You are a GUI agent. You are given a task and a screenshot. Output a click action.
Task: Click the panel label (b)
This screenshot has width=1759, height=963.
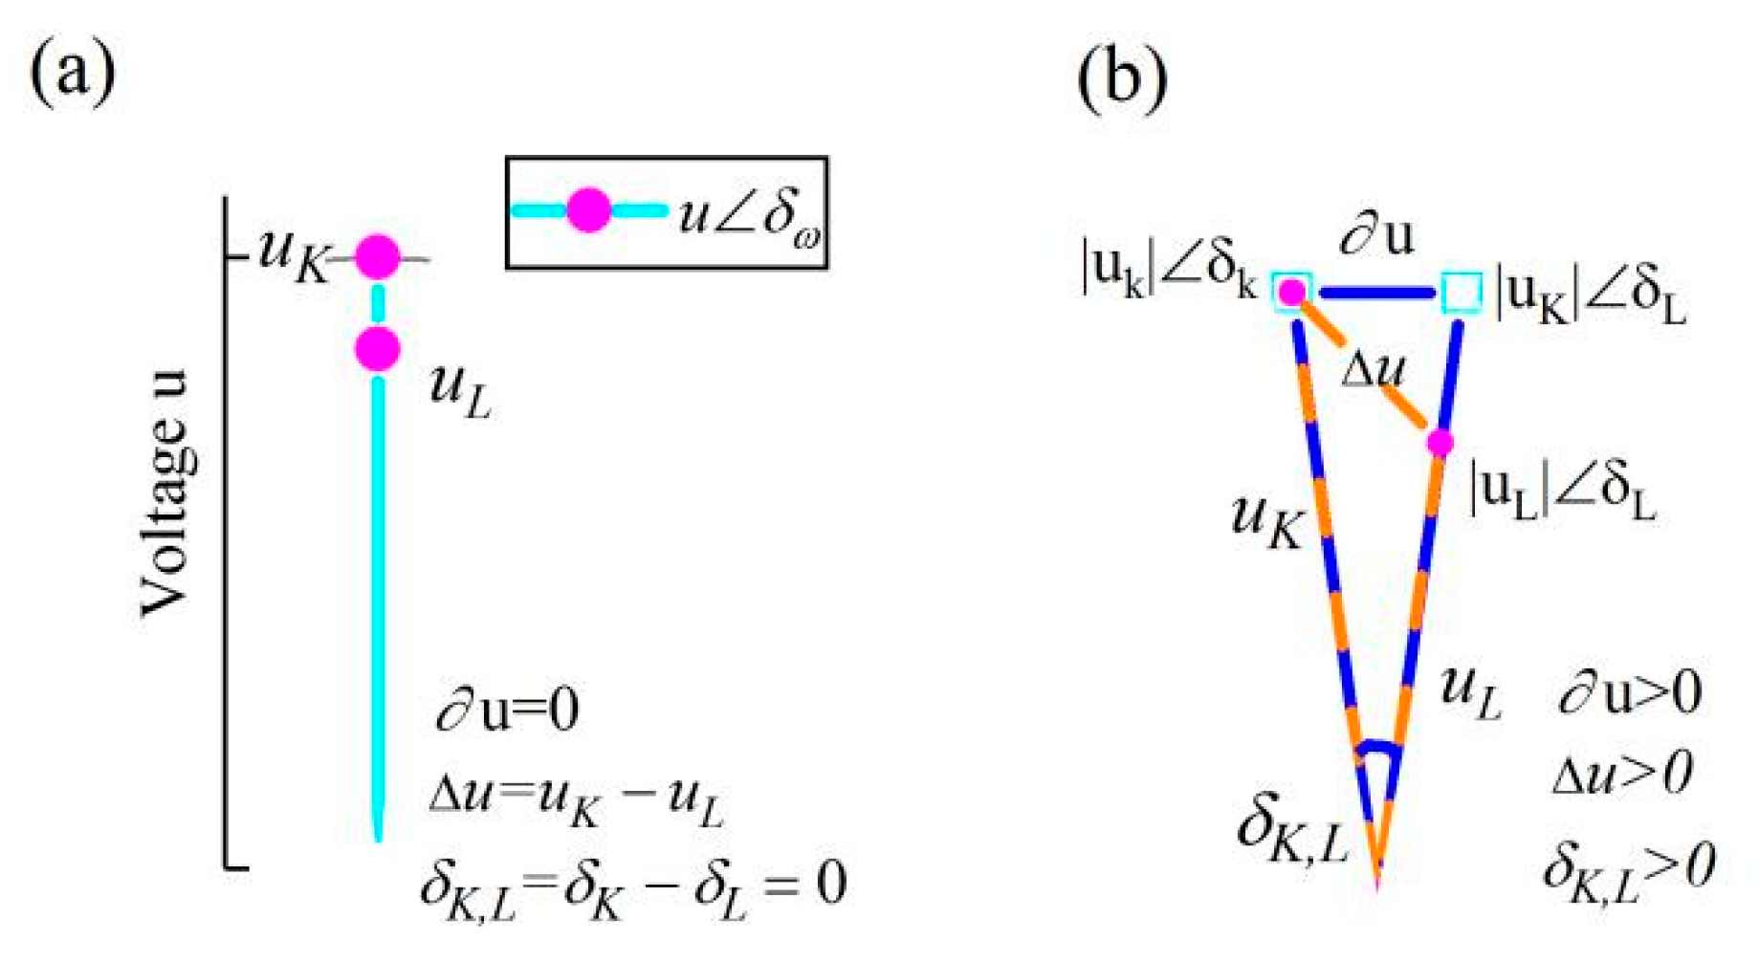(x=1121, y=77)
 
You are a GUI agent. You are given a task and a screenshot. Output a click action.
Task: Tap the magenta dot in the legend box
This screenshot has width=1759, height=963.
(x=588, y=210)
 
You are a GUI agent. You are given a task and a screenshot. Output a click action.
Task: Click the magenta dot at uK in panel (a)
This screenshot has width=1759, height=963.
(x=378, y=256)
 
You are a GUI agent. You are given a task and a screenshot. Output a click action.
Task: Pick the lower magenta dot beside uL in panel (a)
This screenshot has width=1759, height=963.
(x=378, y=349)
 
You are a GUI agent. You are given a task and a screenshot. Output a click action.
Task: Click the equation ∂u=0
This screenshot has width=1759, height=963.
(x=507, y=710)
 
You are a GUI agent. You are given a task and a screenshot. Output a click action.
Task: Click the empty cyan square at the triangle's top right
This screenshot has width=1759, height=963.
(x=1461, y=292)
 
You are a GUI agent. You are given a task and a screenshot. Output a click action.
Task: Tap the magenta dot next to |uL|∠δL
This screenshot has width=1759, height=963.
(x=1440, y=443)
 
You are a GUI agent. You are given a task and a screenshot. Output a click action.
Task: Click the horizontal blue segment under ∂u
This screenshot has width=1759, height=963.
(x=1376, y=292)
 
